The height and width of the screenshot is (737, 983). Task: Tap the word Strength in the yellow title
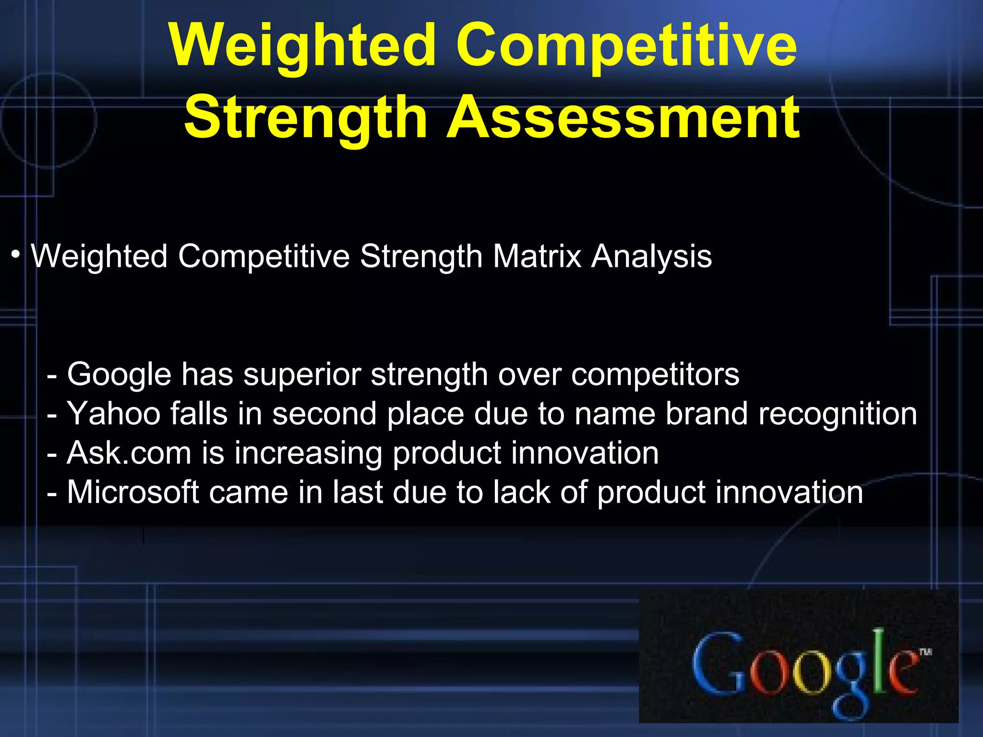(x=306, y=118)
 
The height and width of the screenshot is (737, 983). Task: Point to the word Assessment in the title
(x=623, y=118)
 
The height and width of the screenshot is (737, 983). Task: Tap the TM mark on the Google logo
(x=925, y=652)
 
